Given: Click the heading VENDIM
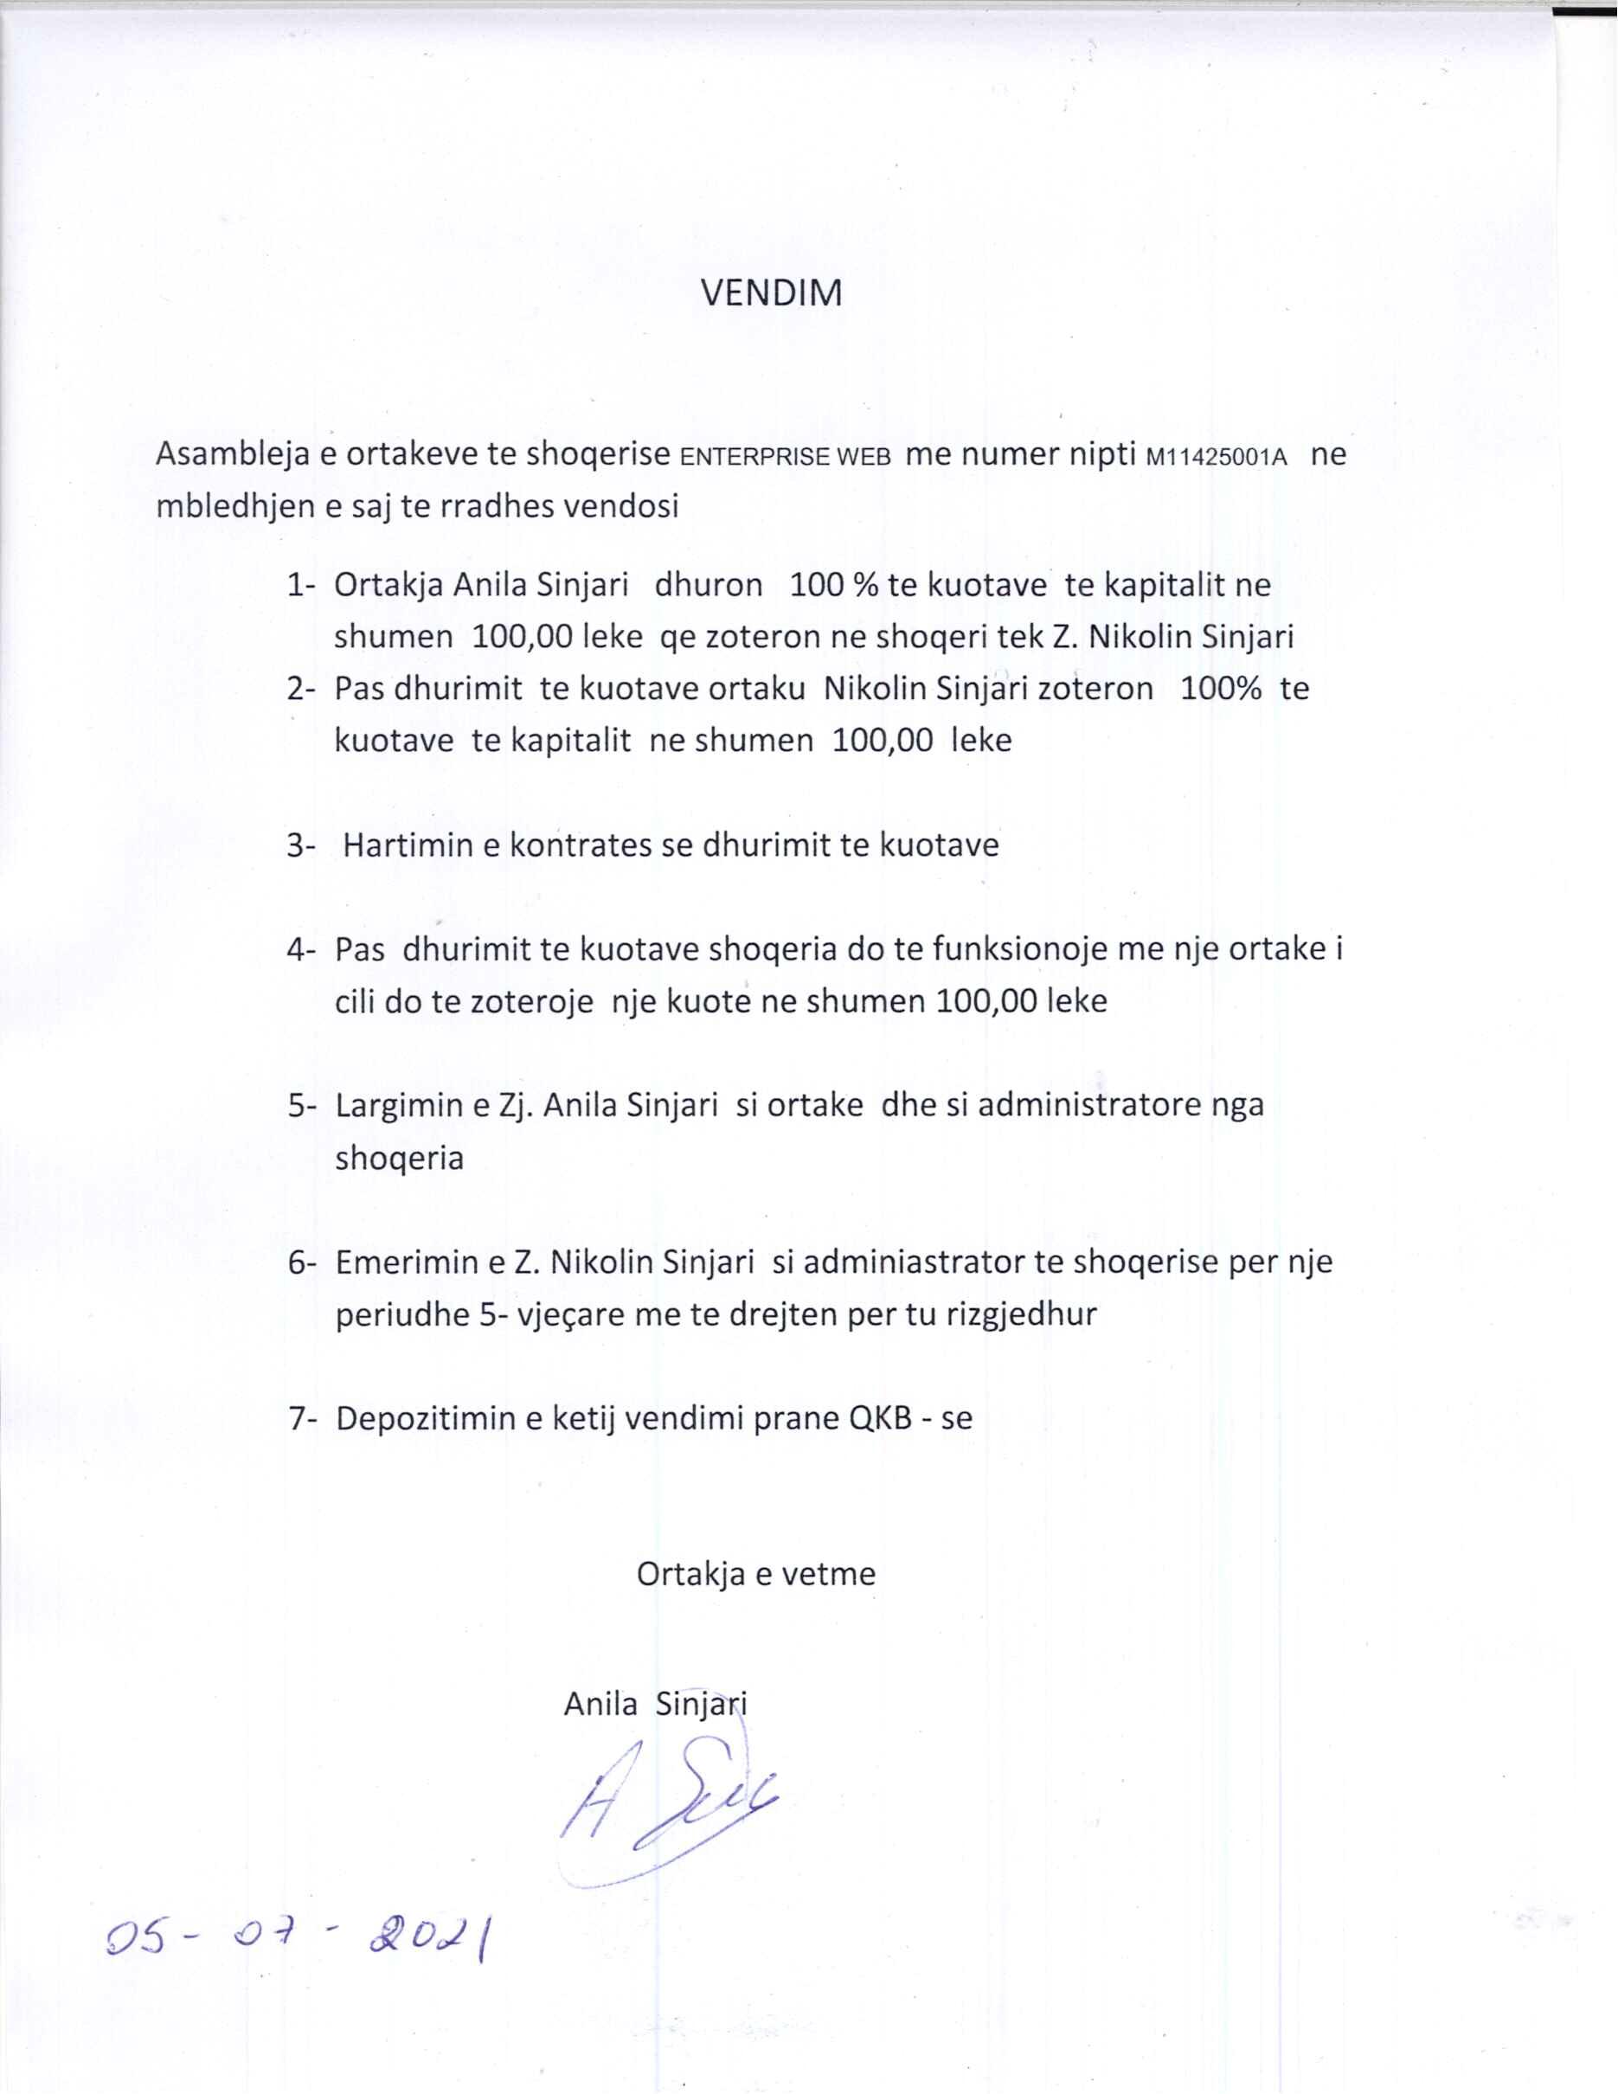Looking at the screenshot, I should pyautogui.click(x=772, y=292).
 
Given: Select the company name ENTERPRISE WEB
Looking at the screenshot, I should pyautogui.click(x=785, y=456).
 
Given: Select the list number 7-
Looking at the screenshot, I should pyautogui.click(x=303, y=1418).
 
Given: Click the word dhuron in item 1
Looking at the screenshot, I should pyautogui.click(x=709, y=585).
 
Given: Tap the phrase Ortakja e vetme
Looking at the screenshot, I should pyautogui.click(x=756, y=1573).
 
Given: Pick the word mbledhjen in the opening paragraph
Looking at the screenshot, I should pyautogui.click(x=237, y=505).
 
